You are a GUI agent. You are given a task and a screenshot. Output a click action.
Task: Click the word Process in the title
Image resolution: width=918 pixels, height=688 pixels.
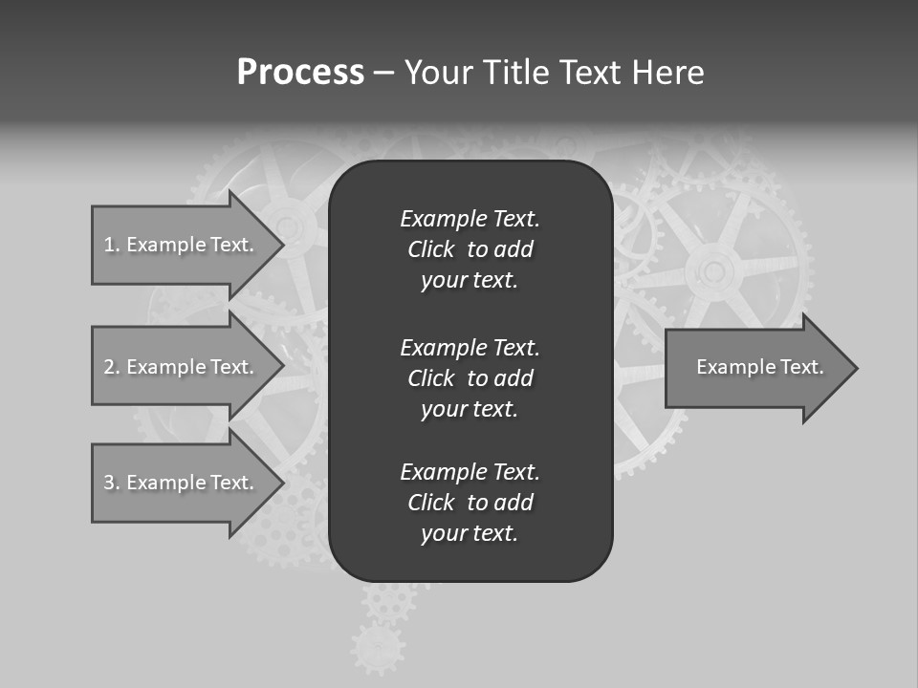[300, 73]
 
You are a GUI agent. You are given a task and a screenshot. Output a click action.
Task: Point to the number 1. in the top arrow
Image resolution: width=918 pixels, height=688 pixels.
[111, 245]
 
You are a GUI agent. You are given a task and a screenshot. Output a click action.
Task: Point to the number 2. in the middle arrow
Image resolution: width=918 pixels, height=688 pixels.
[111, 367]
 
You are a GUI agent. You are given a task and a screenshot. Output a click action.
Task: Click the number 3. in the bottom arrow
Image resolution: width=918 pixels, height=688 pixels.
[111, 483]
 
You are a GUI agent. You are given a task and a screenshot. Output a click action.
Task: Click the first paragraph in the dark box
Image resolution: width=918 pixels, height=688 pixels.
[470, 249]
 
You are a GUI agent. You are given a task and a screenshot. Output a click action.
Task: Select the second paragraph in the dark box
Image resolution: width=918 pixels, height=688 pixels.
[470, 378]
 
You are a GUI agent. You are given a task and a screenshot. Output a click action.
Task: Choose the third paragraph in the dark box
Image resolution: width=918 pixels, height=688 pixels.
[470, 503]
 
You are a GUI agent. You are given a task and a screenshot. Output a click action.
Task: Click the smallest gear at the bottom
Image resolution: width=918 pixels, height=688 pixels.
[378, 649]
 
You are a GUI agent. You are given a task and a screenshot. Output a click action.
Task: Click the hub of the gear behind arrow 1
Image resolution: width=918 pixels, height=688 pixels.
[288, 226]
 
